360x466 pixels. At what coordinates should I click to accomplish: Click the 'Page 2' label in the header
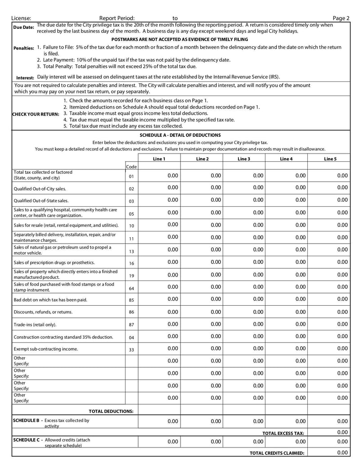pos(341,18)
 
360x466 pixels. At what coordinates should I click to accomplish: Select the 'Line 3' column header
pos(244,159)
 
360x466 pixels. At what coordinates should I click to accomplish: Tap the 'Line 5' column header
pos(330,159)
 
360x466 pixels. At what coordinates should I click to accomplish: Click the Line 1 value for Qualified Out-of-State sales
pos(173,200)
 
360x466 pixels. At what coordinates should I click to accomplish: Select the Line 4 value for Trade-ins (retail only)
pos(300,324)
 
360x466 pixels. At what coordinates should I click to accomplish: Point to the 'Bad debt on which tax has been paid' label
pos(50,300)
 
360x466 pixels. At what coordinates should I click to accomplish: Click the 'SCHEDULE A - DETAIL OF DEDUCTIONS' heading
pos(180,135)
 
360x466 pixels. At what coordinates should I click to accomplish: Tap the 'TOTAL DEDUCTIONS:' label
pos(111,411)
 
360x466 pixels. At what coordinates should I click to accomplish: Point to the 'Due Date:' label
pos(23,27)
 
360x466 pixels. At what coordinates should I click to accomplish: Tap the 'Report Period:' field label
pos(117,18)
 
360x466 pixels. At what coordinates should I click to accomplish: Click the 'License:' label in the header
pos(21,18)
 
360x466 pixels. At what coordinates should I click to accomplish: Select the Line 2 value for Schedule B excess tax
pos(216,421)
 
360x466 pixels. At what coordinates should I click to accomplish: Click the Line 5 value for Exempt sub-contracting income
pos(342,348)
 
